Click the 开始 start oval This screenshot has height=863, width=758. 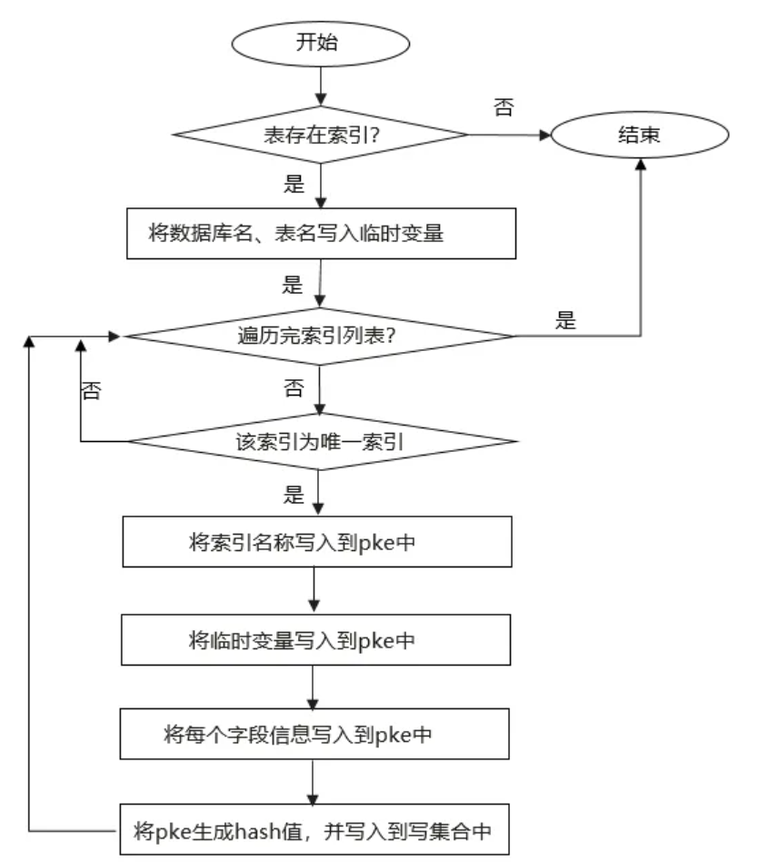pos(320,43)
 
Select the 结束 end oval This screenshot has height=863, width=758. pos(640,135)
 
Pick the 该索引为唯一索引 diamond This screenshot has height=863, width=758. pos(320,444)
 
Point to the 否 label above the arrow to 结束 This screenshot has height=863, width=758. pos(503,107)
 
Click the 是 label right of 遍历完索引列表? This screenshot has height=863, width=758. pos(565,319)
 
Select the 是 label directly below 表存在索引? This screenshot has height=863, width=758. pos(294,185)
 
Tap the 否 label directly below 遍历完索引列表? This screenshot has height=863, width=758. pos(294,389)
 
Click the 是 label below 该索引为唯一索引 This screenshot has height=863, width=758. pos(294,495)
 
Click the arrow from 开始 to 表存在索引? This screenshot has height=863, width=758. pos(320,86)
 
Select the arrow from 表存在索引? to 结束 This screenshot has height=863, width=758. pos(509,135)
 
